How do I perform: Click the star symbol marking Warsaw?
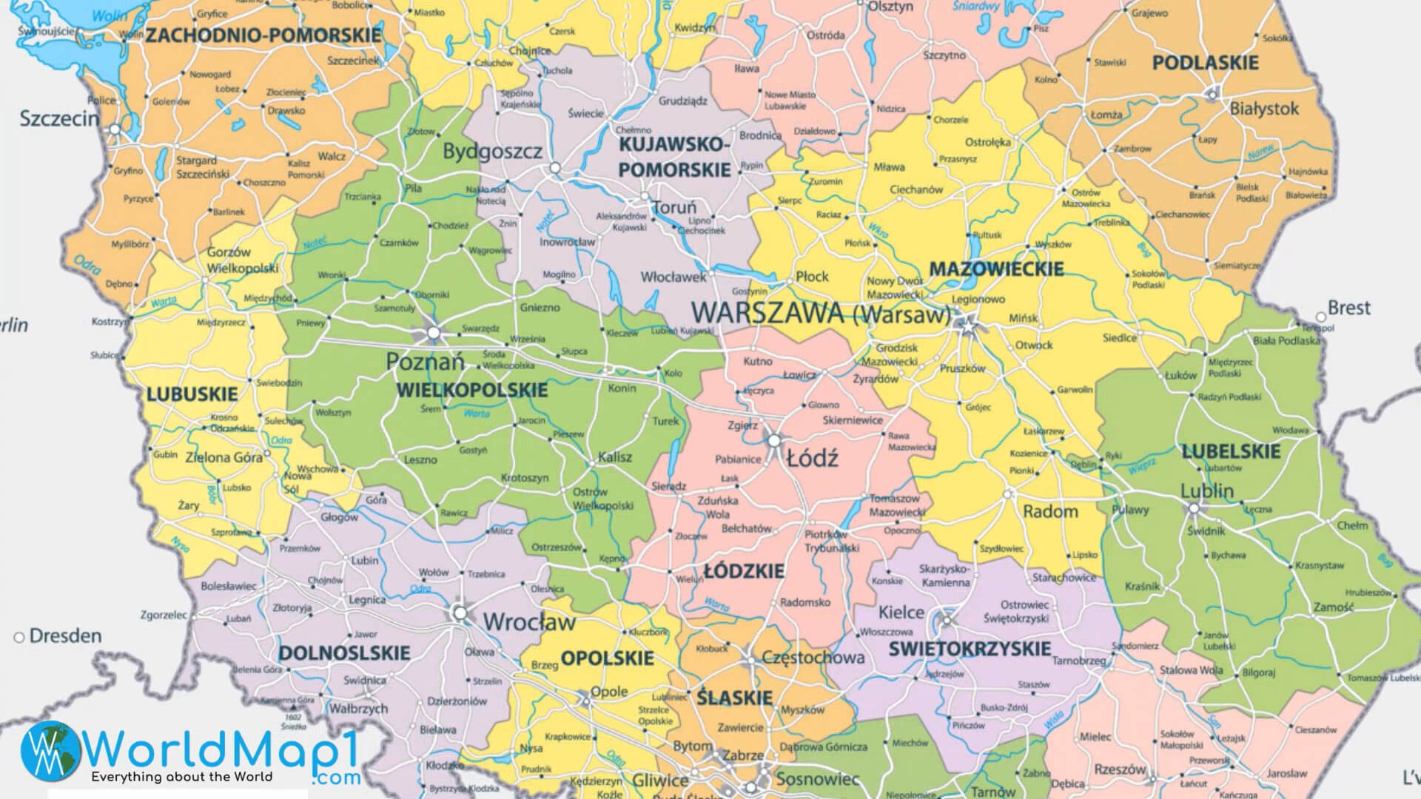(x=966, y=323)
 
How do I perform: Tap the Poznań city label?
(x=425, y=362)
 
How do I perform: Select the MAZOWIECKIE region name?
(x=996, y=269)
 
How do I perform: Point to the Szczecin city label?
(x=58, y=118)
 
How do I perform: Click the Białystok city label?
(x=1264, y=109)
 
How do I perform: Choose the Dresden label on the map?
(x=65, y=636)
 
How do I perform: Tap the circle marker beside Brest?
(x=1321, y=317)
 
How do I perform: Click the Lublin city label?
(x=1206, y=490)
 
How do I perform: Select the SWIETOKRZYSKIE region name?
(x=970, y=649)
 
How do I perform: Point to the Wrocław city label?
(x=529, y=621)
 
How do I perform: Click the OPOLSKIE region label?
(x=607, y=658)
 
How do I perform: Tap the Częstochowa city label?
(x=813, y=657)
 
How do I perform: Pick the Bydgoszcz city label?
(x=492, y=152)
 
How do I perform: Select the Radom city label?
(x=1050, y=511)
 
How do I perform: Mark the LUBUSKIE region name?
(x=192, y=394)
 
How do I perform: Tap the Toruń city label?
(x=675, y=208)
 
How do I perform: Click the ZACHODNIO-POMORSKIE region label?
(x=263, y=35)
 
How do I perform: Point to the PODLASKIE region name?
(x=1205, y=63)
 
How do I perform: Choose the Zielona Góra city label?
(x=224, y=457)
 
